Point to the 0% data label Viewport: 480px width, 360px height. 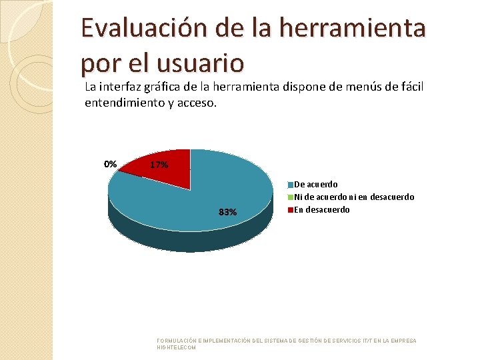pyautogui.click(x=110, y=164)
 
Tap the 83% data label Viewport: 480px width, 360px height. pyautogui.click(x=227, y=212)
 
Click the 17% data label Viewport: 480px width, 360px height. pyautogui.click(x=159, y=165)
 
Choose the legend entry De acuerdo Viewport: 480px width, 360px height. pyautogui.click(x=315, y=184)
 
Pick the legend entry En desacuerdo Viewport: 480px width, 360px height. pyautogui.click(x=321, y=209)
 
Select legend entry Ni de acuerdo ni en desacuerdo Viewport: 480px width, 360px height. pyautogui.click(x=353, y=197)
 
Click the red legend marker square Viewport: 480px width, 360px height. pyautogui.click(x=291, y=210)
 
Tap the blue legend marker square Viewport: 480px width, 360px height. pyautogui.click(x=291, y=185)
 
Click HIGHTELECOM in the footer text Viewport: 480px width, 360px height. pyautogui.click(x=176, y=347)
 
